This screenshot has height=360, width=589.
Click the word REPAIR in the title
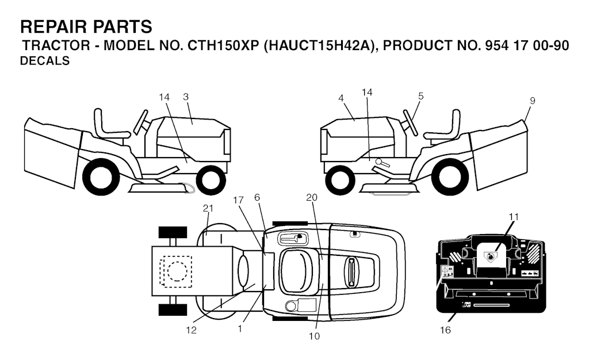click(x=52, y=27)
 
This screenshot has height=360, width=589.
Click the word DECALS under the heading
click(x=45, y=61)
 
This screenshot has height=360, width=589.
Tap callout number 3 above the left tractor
click(x=186, y=97)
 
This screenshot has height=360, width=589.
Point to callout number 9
click(x=532, y=101)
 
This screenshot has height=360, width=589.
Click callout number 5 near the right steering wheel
click(x=420, y=96)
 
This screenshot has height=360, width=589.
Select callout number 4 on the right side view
click(x=341, y=98)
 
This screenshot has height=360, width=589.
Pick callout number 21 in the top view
click(x=208, y=208)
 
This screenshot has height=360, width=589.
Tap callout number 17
click(x=238, y=200)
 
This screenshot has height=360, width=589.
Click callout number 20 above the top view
click(x=312, y=197)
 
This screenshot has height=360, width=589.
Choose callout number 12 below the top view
click(x=191, y=330)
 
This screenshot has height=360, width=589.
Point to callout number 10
click(x=315, y=336)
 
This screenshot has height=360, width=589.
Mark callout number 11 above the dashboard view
click(x=514, y=217)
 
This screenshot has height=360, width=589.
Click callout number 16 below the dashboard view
click(x=445, y=330)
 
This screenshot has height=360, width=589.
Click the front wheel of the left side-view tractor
click(x=211, y=180)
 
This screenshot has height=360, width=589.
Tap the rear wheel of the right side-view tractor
click(x=450, y=177)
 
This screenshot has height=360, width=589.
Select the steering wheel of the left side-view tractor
click(x=141, y=122)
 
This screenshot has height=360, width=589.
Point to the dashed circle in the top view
click(x=177, y=271)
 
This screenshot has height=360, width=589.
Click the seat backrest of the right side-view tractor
click(x=456, y=123)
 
